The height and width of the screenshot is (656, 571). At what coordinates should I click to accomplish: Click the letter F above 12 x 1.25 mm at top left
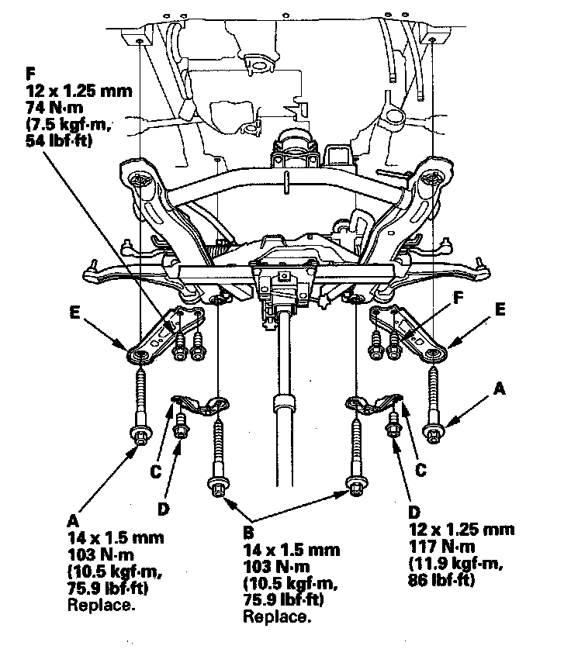pyautogui.click(x=30, y=74)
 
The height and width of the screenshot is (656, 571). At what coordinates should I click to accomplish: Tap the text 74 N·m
pyautogui.click(x=54, y=108)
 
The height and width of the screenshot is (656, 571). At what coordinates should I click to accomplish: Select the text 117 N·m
pyautogui.click(x=441, y=547)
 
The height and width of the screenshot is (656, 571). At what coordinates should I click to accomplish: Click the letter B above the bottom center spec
pyautogui.click(x=249, y=533)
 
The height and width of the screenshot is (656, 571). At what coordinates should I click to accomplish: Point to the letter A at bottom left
pyautogui.click(x=73, y=521)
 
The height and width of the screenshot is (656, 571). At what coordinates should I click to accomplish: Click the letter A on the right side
pyautogui.click(x=500, y=389)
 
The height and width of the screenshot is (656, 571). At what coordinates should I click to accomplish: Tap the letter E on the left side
pyautogui.click(x=74, y=312)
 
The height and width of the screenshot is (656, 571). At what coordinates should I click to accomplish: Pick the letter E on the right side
pyautogui.click(x=500, y=309)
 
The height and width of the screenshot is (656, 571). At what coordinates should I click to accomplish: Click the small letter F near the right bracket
pyautogui.click(x=459, y=298)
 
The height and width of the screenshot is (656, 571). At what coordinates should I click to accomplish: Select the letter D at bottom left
pyautogui.click(x=163, y=509)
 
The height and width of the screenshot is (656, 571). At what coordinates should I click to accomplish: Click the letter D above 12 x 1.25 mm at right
pyautogui.click(x=414, y=512)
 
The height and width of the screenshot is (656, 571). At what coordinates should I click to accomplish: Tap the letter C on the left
pyautogui.click(x=156, y=472)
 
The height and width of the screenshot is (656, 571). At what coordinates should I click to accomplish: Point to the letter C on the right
pyautogui.click(x=420, y=470)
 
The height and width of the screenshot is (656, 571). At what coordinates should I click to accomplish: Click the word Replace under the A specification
pyautogui.click(x=102, y=606)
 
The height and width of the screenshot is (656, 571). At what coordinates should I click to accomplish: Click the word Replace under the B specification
pyautogui.click(x=277, y=616)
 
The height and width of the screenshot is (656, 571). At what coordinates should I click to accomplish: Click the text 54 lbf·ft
pyautogui.click(x=59, y=141)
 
